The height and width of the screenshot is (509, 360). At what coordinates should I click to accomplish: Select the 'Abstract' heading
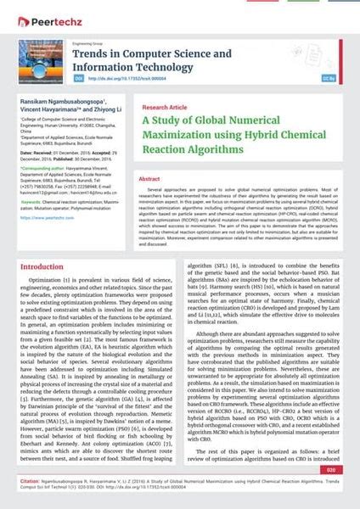pyautogui.click(x=149, y=180)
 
